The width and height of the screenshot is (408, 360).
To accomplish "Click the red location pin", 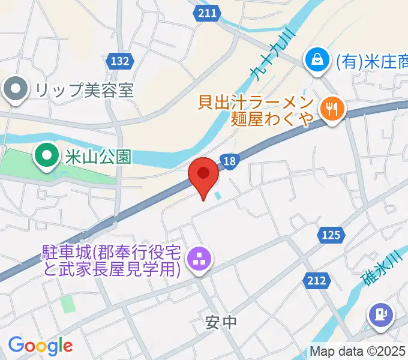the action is pos(203,175).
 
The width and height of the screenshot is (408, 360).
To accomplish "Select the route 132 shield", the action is pos(120,61).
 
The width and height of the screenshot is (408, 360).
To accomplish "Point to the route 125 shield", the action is pos(331,235).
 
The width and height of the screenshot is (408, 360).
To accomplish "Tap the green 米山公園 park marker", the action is pos(46,156).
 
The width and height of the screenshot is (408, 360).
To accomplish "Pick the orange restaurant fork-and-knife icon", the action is pos(331,109).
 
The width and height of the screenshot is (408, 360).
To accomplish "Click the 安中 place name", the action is pos(221,323).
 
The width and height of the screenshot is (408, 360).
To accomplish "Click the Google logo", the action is pos(40,345).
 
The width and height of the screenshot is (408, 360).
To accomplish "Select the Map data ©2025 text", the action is pos(358,351).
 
